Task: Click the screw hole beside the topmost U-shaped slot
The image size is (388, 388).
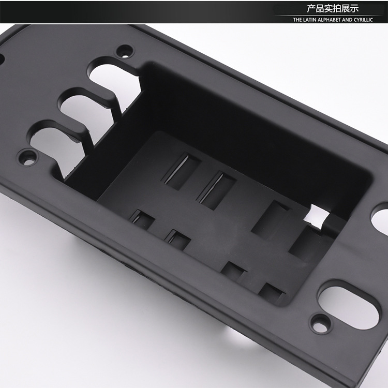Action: [124, 51]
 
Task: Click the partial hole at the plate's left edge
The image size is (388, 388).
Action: [2, 57]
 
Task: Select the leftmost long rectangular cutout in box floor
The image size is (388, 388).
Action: [182, 170]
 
